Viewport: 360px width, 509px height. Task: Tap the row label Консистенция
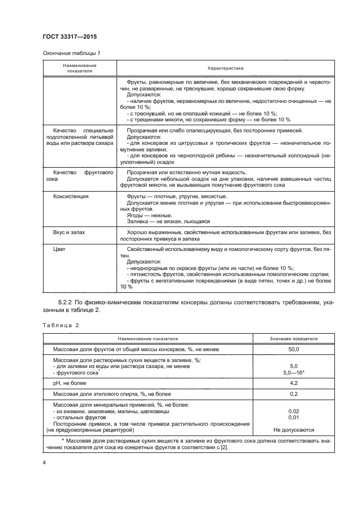tap(70, 195)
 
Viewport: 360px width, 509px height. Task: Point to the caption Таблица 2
tap(60, 325)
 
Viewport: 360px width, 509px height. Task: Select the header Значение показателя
tap(294, 338)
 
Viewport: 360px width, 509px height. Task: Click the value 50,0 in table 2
tap(294, 349)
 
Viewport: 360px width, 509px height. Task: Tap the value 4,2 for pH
tap(294, 383)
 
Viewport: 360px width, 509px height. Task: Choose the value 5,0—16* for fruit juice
tap(294, 372)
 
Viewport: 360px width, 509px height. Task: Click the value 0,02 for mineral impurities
tap(294, 411)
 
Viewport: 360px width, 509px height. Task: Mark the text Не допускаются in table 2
tap(294, 430)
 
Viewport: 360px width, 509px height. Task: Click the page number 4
tap(44, 462)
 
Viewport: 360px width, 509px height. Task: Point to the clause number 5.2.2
tap(66, 302)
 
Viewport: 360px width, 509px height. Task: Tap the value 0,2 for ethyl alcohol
tap(294, 394)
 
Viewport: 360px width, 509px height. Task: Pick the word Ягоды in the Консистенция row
tap(135, 215)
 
